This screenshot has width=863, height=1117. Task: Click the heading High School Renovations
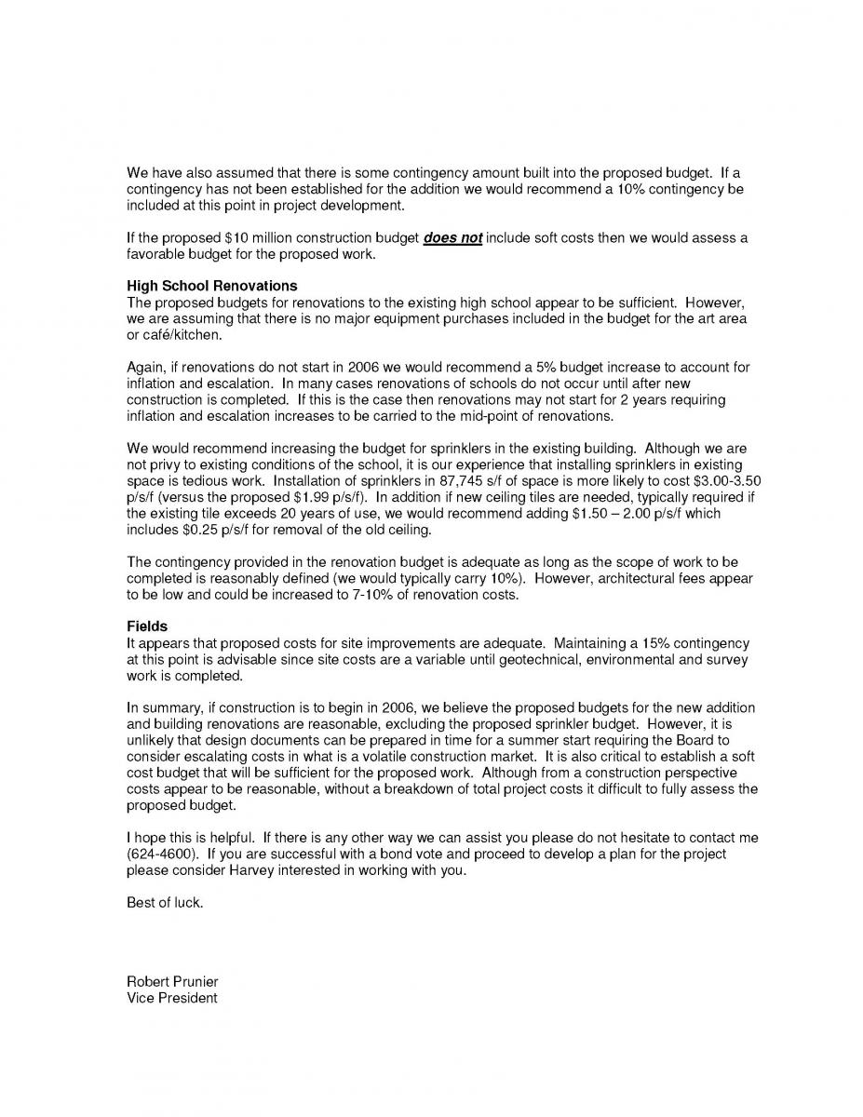pyautogui.click(x=211, y=286)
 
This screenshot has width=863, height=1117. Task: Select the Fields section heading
pyautogui.click(x=147, y=627)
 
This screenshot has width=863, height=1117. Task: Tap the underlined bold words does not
pyautogui.click(x=452, y=238)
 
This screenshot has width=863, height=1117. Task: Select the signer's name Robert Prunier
pyautogui.click(x=172, y=982)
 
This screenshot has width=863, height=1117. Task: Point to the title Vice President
pyautogui.click(x=171, y=998)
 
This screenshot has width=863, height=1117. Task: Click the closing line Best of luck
pyautogui.click(x=164, y=903)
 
